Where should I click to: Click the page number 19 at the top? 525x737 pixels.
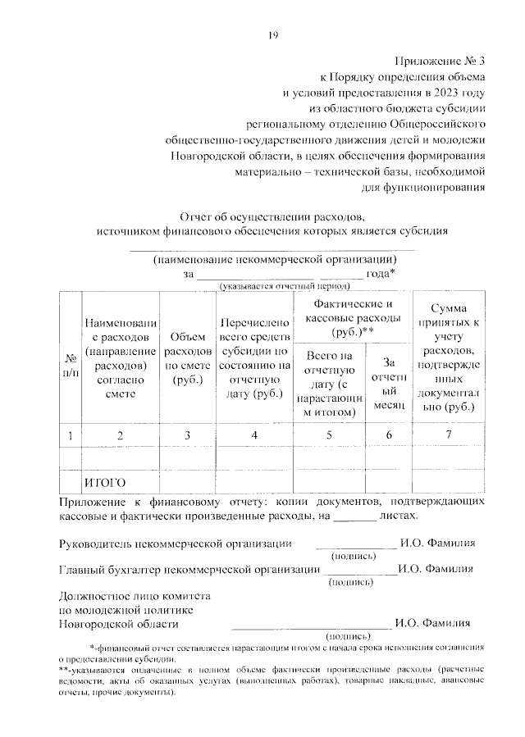pyautogui.click(x=274, y=34)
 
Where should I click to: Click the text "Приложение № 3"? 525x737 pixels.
pyautogui.click(x=440, y=61)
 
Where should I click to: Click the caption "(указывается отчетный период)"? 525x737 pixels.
pyautogui.click(x=283, y=285)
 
